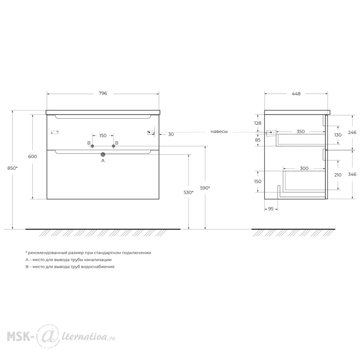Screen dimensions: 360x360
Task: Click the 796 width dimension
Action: click(103, 93)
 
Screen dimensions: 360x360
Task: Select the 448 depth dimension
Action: click(296, 94)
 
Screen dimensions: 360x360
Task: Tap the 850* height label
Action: click(12, 168)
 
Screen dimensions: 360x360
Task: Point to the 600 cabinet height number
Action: click(32, 156)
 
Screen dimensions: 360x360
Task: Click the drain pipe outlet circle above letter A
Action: click(103, 154)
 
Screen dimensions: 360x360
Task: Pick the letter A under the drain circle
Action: click(103, 161)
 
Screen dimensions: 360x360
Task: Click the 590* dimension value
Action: click(205, 188)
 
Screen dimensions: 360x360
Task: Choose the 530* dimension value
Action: click(189, 192)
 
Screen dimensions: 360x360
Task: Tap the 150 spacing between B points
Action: click(103, 135)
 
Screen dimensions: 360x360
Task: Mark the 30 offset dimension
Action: click(171, 134)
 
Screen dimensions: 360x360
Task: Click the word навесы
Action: click(219, 131)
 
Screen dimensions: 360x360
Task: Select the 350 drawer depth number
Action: click(301, 131)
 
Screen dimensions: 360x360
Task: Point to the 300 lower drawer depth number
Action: click(304, 168)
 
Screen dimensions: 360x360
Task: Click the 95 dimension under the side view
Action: click(271, 209)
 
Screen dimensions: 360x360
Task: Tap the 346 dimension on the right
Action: click(352, 174)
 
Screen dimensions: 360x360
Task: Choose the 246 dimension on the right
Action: click(352, 132)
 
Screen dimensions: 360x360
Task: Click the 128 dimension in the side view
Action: click(258, 123)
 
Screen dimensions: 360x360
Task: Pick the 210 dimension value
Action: click(338, 175)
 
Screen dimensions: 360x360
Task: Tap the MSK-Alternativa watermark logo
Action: click(61, 337)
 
